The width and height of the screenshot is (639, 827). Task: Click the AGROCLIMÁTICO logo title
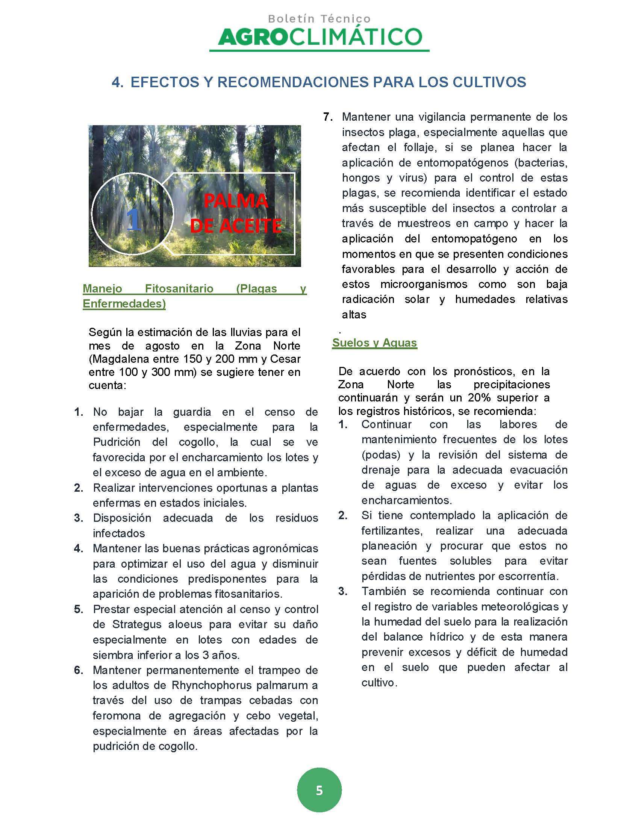click(319, 37)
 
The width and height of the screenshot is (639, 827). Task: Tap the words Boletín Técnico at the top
click(319, 18)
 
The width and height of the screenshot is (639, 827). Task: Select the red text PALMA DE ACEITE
click(235, 214)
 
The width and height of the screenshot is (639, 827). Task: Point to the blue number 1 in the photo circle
click(134, 220)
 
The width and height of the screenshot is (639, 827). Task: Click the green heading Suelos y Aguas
click(374, 343)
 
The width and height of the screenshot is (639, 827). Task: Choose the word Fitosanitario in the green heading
click(179, 289)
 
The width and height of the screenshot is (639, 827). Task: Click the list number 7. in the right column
click(328, 117)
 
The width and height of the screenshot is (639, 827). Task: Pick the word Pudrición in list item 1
click(117, 442)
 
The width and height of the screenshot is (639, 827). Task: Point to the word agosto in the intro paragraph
click(162, 345)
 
